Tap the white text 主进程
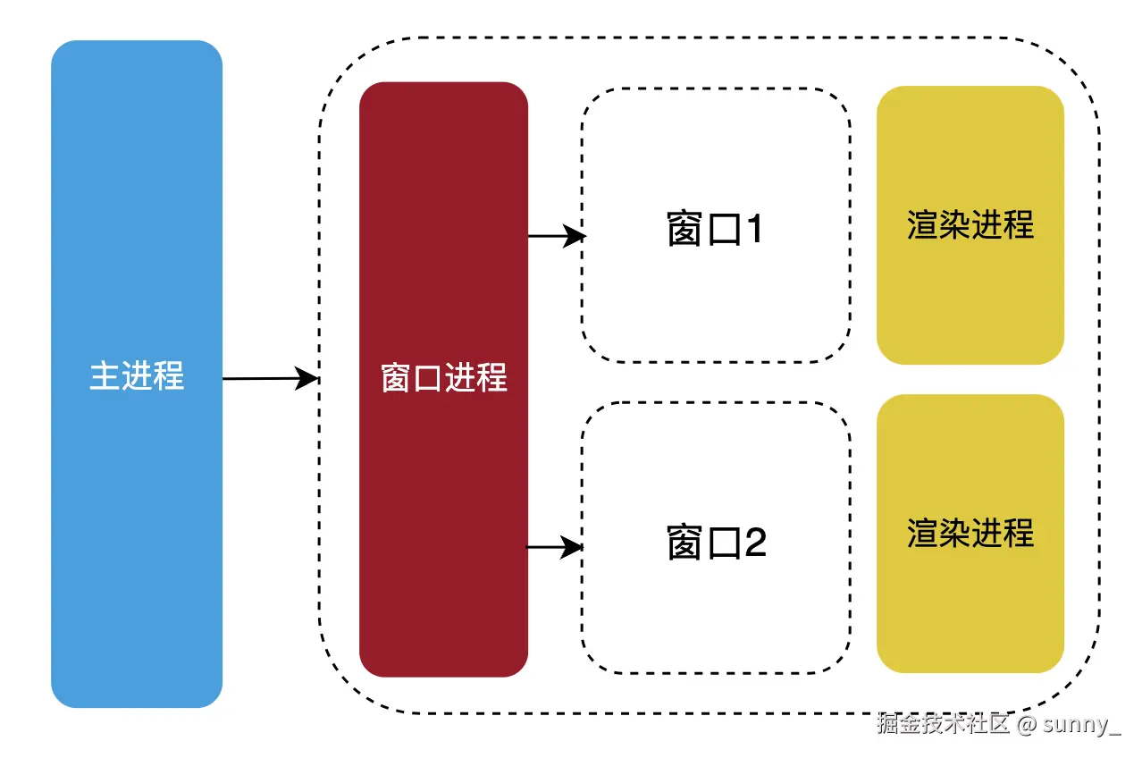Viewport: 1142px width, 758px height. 137,375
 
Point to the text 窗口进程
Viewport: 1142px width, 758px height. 444,378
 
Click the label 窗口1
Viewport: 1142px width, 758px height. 715,230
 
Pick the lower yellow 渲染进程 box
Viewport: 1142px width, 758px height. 970,608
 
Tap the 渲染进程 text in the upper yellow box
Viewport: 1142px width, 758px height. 970,224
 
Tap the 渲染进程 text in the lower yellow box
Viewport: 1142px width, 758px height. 970,534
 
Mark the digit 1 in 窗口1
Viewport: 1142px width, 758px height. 753,230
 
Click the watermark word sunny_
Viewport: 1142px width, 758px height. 1081,723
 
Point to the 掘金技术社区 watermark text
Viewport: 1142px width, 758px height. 943,723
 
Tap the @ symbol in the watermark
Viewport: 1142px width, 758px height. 1026,723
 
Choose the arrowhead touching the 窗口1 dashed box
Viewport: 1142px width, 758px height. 576,236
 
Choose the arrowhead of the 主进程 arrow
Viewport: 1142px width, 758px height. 308,379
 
